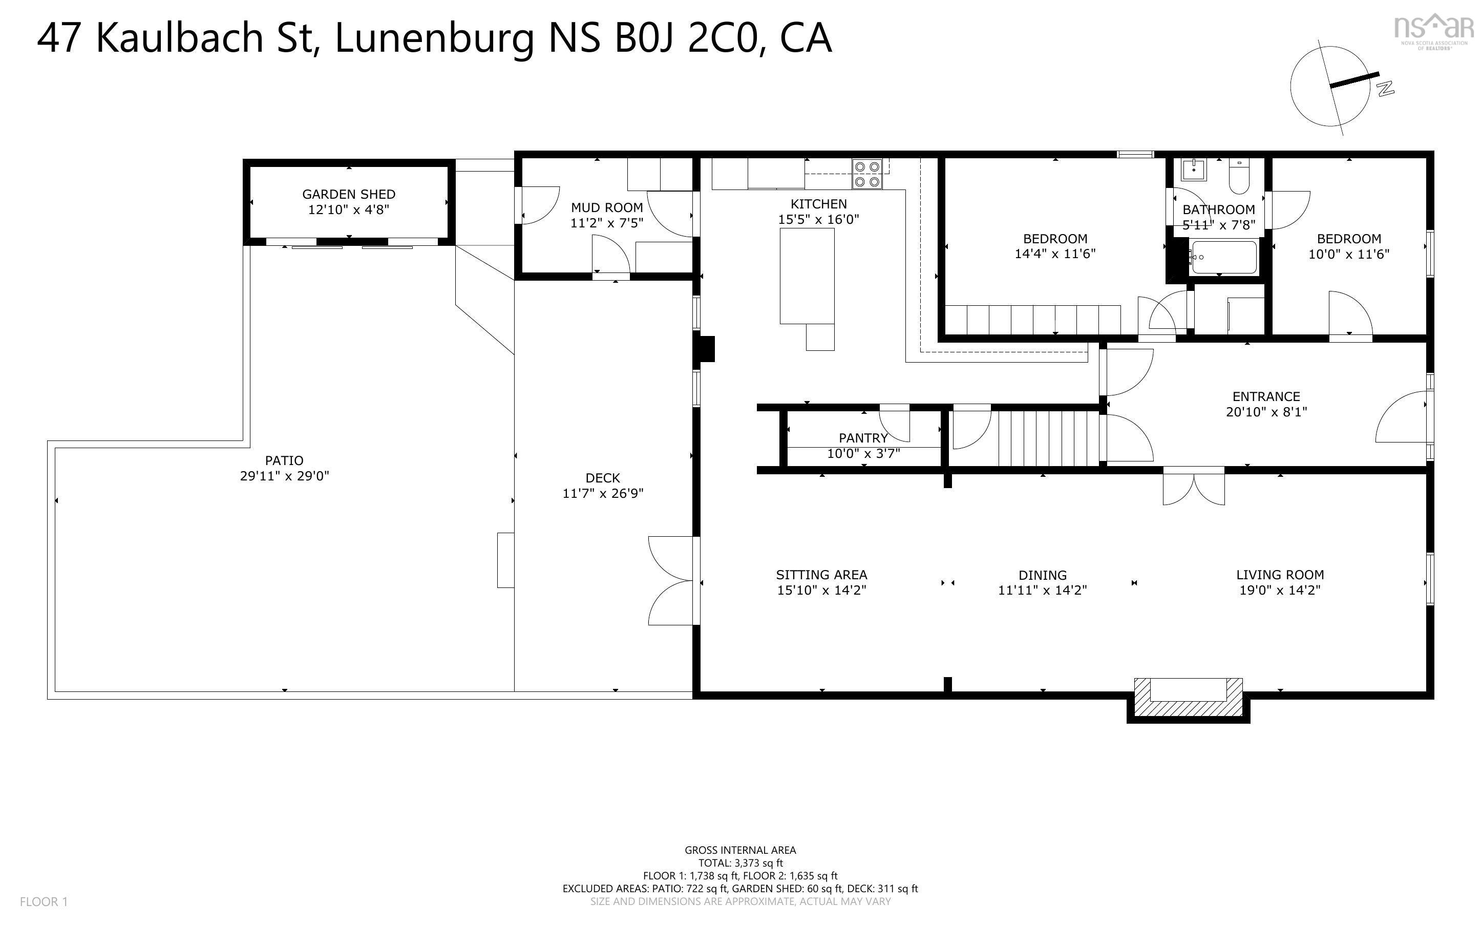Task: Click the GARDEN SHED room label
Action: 348,194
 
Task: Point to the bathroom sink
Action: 1194,170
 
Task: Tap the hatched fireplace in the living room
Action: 1188,700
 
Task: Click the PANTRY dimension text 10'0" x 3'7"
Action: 863,454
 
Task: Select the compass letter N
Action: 1385,88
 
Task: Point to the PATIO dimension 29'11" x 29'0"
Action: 284,476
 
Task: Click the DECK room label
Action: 602,478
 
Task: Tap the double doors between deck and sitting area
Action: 671,581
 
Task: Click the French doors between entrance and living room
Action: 1194,488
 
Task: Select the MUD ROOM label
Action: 607,207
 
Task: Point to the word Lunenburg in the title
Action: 435,38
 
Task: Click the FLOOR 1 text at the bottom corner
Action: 44,901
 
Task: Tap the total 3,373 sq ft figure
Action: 758,863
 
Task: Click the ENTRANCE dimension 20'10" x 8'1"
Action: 1266,412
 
